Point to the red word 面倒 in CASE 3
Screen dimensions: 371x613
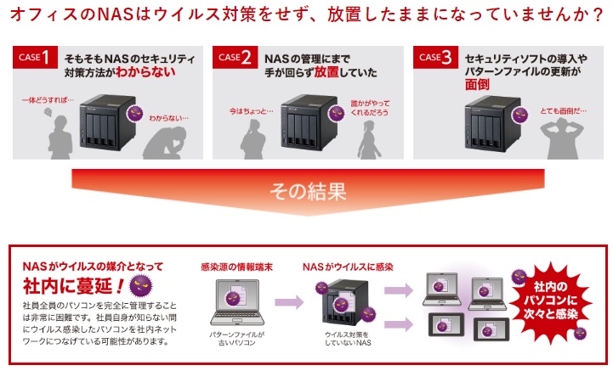(x=478, y=87)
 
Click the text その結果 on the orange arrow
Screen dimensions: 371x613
(x=308, y=192)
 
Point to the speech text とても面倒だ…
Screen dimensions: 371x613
(x=563, y=111)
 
